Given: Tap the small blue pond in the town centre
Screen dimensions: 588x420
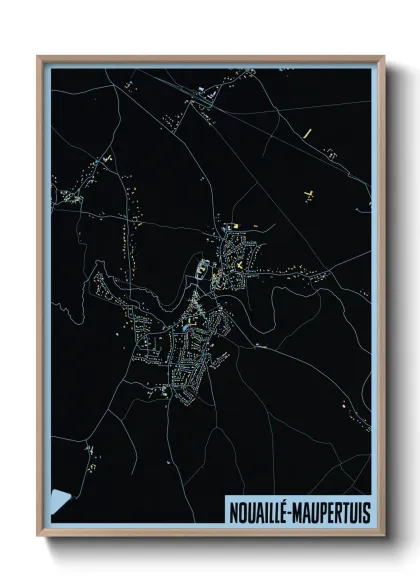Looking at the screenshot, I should [x=187, y=327].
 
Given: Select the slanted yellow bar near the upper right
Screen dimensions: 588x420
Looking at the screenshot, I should [x=309, y=131].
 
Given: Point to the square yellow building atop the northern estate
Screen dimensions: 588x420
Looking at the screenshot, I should [x=233, y=226].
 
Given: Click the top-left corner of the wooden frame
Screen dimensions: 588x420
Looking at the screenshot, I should [x=39, y=57].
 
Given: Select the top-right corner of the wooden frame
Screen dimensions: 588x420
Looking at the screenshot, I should [x=384, y=57].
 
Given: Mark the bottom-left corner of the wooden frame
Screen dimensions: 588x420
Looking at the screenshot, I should [x=39, y=537].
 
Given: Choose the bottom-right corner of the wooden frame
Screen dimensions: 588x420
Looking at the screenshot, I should [x=384, y=537].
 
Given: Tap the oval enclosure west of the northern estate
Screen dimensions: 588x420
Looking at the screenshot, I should [x=200, y=268].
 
